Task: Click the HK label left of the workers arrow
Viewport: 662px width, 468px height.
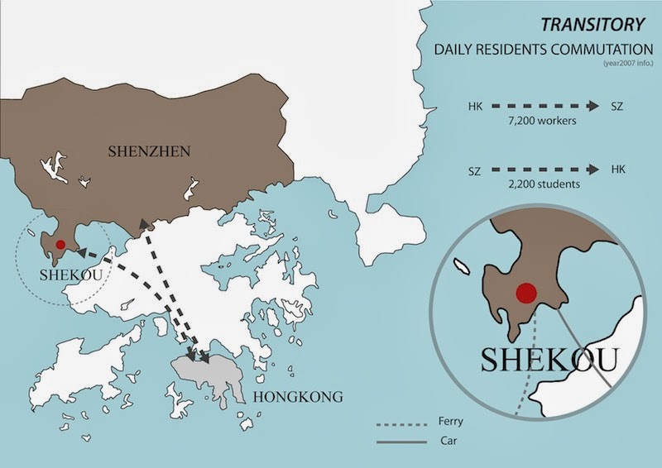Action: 475,107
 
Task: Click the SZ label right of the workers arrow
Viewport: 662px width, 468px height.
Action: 616,107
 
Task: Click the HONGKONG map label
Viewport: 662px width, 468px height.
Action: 297,398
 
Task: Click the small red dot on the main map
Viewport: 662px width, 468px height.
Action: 60,245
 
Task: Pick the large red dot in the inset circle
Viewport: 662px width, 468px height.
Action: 525,294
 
